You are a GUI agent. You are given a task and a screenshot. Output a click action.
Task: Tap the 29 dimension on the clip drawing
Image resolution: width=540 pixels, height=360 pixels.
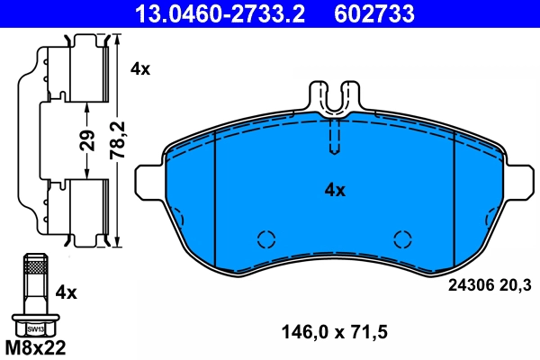coord(87,141)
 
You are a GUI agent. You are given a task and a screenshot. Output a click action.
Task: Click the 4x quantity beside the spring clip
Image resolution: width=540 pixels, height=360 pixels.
coord(139,68)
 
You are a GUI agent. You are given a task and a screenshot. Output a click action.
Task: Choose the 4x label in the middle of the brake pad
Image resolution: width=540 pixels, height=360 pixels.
coord(335,190)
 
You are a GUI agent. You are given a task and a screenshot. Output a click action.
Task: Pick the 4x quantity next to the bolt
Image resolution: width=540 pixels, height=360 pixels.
coord(67,292)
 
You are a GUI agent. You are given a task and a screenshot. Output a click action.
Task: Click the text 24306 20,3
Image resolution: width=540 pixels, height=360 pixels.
coord(490,285)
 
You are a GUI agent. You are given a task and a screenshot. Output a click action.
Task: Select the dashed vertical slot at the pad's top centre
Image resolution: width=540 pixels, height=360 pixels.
coord(334,137)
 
